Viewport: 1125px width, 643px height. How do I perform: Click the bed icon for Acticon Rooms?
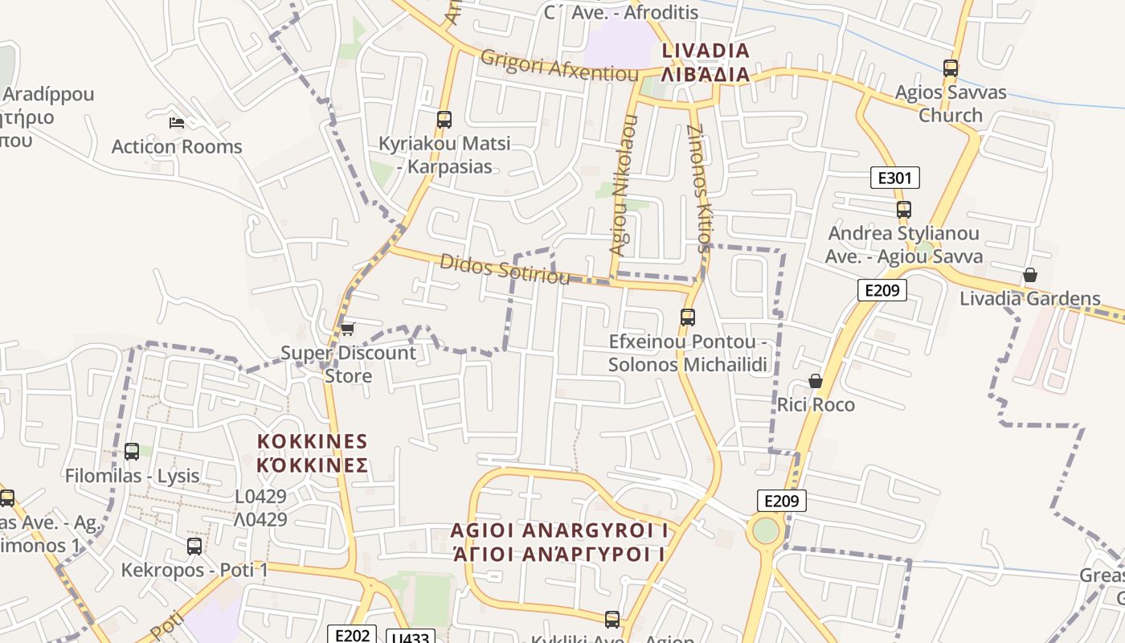pyautogui.click(x=177, y=123)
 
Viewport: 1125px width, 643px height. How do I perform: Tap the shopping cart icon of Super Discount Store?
pyautogui.click(x=347, y=329)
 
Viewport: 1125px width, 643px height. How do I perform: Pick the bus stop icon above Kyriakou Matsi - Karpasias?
pyautogui.click(x=444, y=120)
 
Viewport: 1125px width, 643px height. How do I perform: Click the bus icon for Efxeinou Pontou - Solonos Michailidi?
pyautogui.click(x=687, y=317)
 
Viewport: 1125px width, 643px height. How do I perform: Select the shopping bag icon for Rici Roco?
pyautogui.click(x=816, y=380)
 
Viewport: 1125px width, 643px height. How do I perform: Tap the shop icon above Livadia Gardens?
pyautogui.click(x=1029, y=275)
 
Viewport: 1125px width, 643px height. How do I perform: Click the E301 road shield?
pyautogui.click(x=894, y=178)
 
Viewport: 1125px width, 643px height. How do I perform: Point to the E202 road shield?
pyautogui.click(x=351, y=635)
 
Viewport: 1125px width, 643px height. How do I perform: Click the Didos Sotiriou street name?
pyautogui.click(x=505, y=269)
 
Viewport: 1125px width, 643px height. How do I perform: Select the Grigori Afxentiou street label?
pyautogui.click(x=559, y=65)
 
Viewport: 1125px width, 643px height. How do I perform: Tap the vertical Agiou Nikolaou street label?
pyautogui.click(x=624, y=185)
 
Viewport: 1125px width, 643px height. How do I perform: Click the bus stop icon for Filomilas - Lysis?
pyautogui.click(x=132, y=452)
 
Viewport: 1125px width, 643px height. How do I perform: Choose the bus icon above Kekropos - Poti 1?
pyautogui.click(x=194, y=547)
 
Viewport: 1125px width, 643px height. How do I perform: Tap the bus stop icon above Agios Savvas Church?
pyautogui.click(x=951, y=68)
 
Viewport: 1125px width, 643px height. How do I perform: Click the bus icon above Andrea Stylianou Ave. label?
pyautogui.click(x=904, y=210)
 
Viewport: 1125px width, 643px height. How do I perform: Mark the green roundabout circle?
pyautogui.click(x=767, y=530)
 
